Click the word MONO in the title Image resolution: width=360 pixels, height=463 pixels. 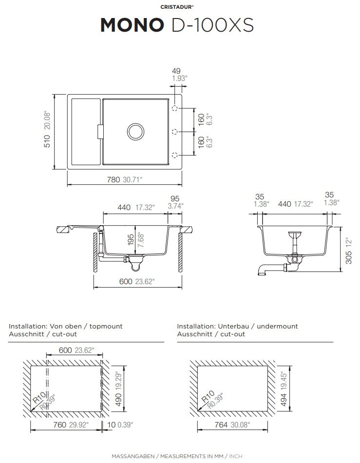click(132, 25)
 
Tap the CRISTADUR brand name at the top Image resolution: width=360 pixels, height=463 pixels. click(177, 7)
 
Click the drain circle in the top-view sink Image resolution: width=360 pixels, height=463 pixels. click(135, 132)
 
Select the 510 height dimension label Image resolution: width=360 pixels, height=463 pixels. click(47, 141)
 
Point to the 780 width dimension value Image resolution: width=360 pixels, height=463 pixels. click(114, 179)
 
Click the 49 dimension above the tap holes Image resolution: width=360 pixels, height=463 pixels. click(176, 71)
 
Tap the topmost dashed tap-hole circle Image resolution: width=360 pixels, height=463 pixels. click(175, 108)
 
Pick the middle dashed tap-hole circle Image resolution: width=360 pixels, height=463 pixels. click(175, 131)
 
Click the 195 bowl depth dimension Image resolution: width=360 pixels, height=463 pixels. click(131, 240)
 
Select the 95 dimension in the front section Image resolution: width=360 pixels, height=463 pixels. click(175, 198)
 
